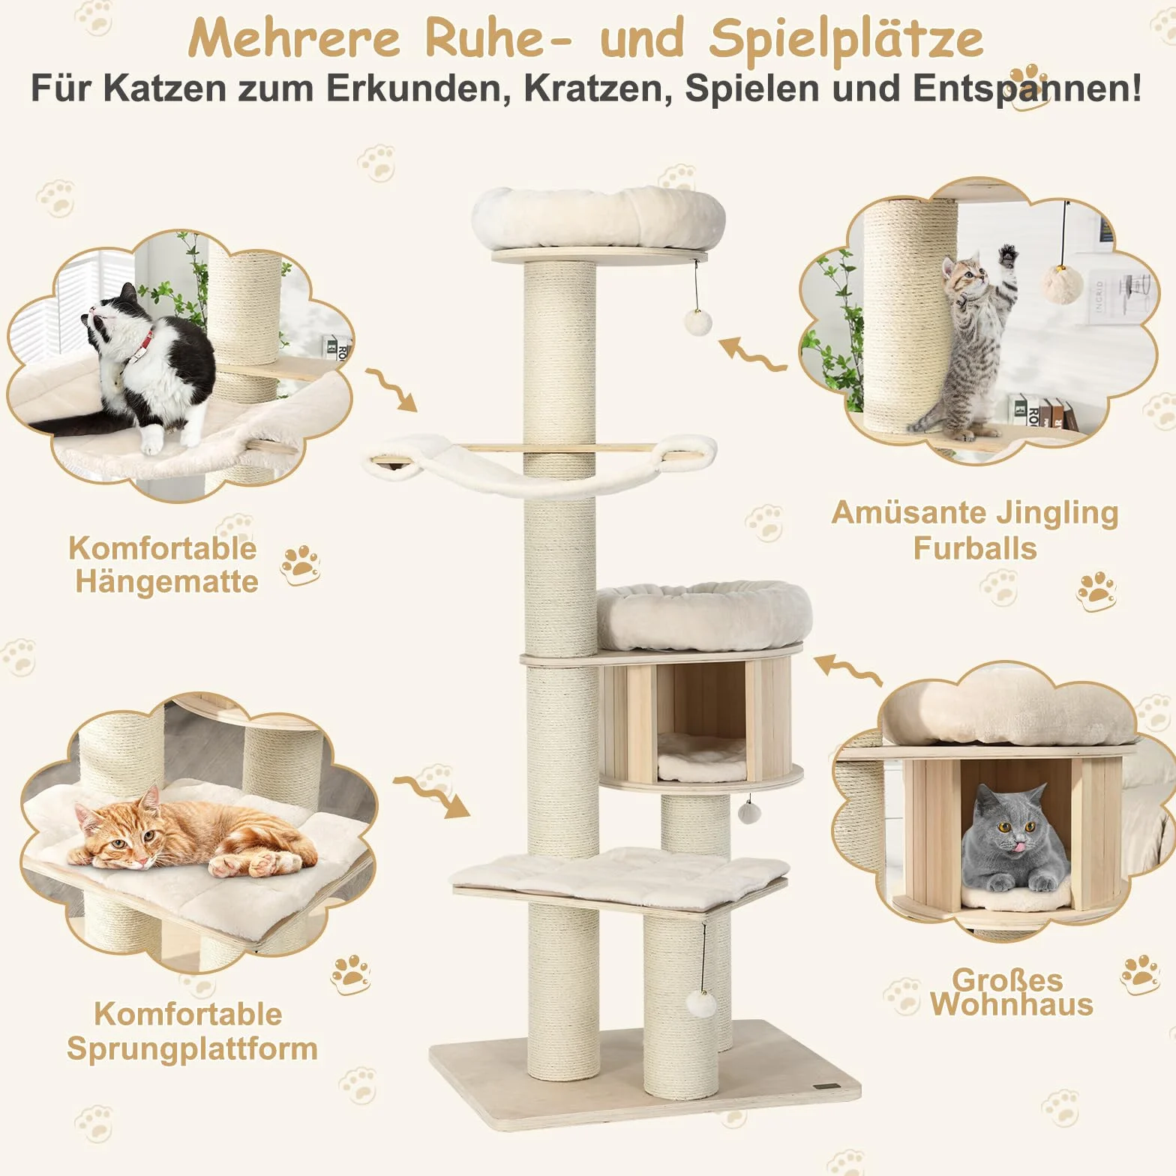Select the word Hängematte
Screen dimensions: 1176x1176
point(166,582)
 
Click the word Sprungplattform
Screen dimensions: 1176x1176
point(192,1048)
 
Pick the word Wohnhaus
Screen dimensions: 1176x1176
point(1012,1005)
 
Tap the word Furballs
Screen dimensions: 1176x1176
point(975,548)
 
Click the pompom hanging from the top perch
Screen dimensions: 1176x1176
point(697,322)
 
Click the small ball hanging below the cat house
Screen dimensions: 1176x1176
point(748,812)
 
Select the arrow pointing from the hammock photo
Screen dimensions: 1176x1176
point(391,391)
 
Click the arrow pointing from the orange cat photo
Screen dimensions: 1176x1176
point(432,797)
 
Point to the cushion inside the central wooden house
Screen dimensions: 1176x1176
point(700,758)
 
